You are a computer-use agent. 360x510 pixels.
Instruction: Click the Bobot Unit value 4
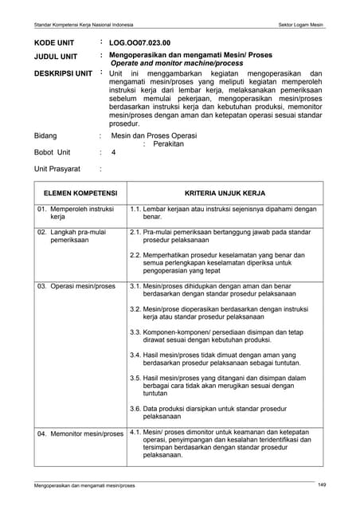pos(114,152)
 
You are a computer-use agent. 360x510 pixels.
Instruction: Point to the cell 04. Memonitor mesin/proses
pos(80,434)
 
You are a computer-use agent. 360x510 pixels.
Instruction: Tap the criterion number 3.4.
pos(135,355)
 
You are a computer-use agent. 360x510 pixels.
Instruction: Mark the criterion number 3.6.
pos(135,407)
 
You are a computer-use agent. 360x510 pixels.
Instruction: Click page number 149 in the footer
pos(322,485)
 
